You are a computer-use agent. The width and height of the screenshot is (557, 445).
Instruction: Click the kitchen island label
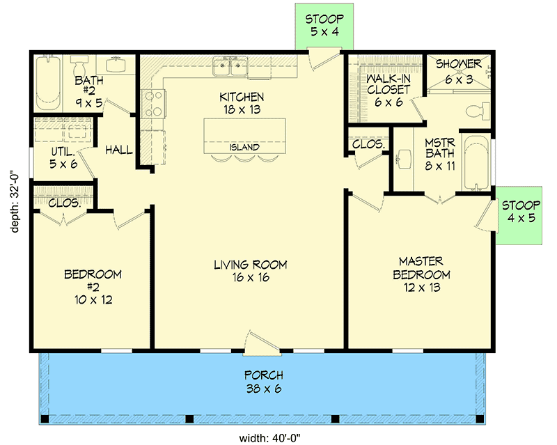click(x=244, y=147)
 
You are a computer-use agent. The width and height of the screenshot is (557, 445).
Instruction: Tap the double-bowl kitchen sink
click(x=230, y=66)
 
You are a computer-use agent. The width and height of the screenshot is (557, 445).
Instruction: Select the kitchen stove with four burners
click(x=153, y=104)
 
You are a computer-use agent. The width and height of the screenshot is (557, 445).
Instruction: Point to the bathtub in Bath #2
click(x=48, y=82)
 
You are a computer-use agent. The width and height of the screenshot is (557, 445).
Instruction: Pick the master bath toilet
click(x=478, y=111)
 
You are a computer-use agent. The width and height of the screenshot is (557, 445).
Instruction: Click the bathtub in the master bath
click(x=476, y=162)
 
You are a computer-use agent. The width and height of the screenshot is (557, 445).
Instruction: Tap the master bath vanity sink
click(x=404, y=159)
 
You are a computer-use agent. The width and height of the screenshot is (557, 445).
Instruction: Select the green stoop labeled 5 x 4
click(x=324, y=26)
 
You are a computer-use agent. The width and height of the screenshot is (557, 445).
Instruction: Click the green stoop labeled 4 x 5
click(x=519, y=215)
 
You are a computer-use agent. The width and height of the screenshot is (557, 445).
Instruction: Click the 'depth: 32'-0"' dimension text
click(x=15, y=203)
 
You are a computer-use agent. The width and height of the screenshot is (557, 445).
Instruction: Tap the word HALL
click(x=119, y=150)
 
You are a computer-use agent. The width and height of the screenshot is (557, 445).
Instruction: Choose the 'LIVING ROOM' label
click(x=251, y=265)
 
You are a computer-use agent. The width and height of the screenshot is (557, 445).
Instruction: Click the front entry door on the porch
click(x=262, y=343)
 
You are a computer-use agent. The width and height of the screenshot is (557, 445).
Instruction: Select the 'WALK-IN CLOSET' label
click(x=389, y=84)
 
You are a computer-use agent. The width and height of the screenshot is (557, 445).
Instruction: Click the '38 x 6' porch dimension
click(x=264, y=389)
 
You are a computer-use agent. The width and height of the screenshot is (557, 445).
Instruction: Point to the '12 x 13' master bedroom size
click(x=422, y=287)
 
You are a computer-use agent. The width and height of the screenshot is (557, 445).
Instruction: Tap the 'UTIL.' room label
click(x=63, y=152)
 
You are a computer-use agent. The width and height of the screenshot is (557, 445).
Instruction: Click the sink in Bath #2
click(x=116, y=65)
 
